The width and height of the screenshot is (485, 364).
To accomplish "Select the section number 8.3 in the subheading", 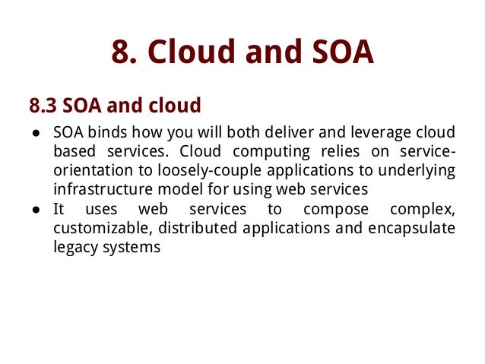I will (x=43, y=104).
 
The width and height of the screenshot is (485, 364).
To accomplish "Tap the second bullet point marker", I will (x=36, y=210).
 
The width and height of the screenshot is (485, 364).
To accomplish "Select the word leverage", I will (x=360, y=131).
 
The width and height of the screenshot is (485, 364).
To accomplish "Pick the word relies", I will (x=339, y=150).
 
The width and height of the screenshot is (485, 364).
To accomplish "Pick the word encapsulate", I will (x=413, y=228).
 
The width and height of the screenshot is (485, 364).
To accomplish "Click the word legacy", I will (x=74, y=248).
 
